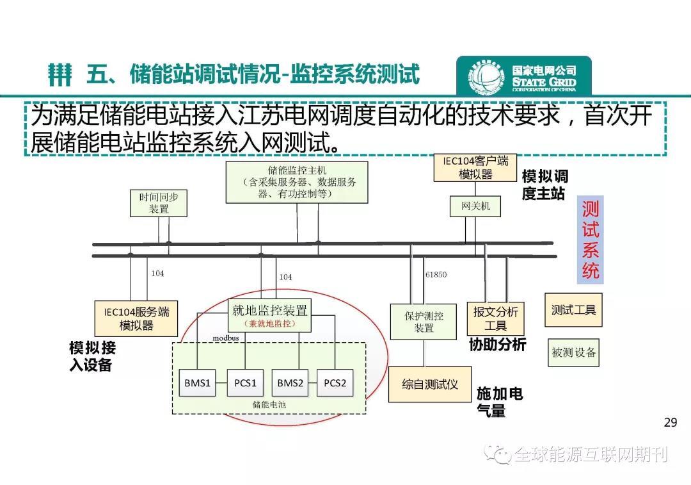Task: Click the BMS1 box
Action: (198, 383)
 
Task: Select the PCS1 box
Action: (245, 383)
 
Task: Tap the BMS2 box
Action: (290, 383)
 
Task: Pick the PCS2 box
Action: (335, 383)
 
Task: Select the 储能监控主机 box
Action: (297, 182)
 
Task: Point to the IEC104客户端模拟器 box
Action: (475, 167)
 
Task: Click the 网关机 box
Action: (475, 206)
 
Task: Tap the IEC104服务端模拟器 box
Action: (136, 318)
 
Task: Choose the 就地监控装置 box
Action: (269, 315)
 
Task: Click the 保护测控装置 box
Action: (424, 322)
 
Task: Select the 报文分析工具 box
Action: (495, 318)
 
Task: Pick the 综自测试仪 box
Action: (429, 384)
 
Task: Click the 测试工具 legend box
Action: (573, 310)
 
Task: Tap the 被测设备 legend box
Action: (573, 352)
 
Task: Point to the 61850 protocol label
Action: (436, 274)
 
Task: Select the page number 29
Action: (670, 422)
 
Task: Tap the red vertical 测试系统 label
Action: (590, 240)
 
